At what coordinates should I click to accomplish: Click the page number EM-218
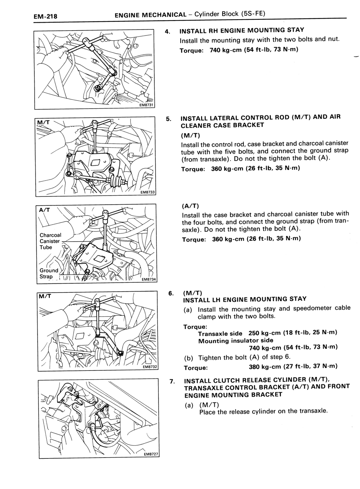(x=45, y=16)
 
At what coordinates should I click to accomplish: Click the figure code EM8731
(x=147, y=105)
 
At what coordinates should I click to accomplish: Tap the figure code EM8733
(x=148, y=192)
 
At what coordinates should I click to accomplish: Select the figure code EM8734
(x=149, y=279)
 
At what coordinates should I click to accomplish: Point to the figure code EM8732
(x=150, y=367)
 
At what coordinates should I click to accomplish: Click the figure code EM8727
(x=151, y=454)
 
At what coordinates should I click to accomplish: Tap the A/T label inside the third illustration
(x=45, y=210)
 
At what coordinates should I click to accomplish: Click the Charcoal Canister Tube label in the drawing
(x=50, y=241)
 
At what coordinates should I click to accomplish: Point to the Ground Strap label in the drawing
(x=49, y=273)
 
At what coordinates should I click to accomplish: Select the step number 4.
(x=167, y=32)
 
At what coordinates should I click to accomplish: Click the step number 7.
(x=172, y=381)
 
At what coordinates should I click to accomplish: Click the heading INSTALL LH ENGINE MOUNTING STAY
(x=245, y=299)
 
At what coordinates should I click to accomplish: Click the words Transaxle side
(x=220, y=333)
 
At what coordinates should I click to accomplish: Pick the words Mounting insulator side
(x=236, y=341)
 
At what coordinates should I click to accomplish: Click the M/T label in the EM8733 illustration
(x=43, y=123)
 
